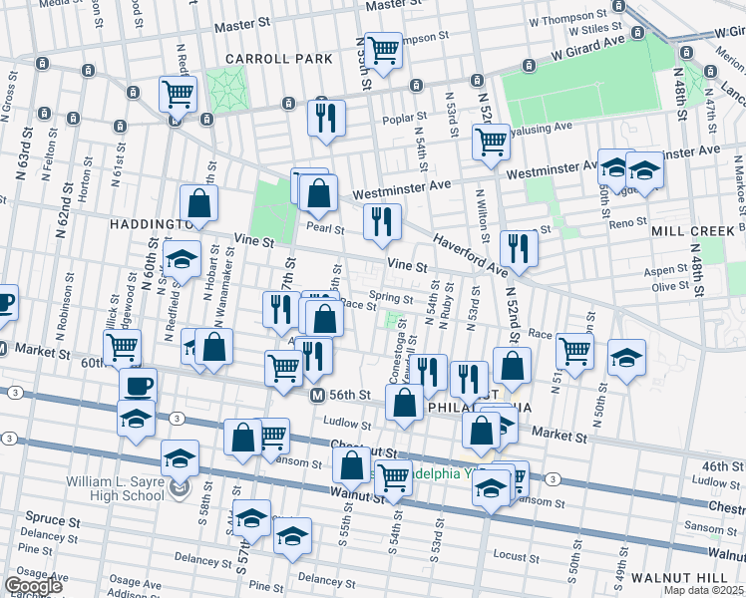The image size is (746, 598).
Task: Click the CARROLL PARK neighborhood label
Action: click(x=277, y=59)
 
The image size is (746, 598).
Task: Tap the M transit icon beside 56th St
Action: click(x=317, y=396)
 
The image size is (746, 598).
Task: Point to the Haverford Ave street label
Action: click(x=469, y=255)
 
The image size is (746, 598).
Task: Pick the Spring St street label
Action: click(x=390, y=298)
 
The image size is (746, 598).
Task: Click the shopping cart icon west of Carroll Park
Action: click(x=178, y=95)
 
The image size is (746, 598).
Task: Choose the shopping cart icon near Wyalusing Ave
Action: click(x=491, y=142)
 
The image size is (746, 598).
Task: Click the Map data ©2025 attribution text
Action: click(x=703, y=590)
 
